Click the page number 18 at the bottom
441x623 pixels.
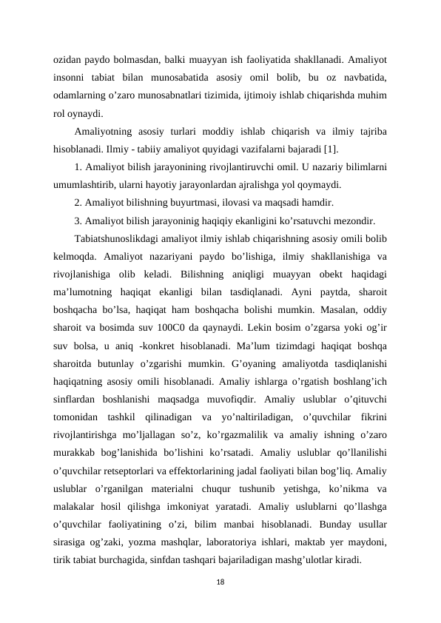pos(220,584)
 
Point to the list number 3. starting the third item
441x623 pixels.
pos(79,220)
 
